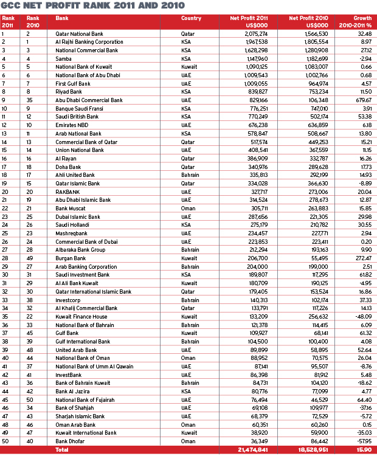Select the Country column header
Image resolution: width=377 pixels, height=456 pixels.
tap(191, 18)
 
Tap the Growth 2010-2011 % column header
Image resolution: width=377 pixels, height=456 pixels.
tap(359, 21)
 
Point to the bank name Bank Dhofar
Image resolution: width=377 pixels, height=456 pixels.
tap(68, 440)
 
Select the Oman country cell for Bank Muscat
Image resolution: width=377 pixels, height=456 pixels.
tap(189, 207)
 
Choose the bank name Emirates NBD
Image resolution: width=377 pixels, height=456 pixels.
tap(71, 124)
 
